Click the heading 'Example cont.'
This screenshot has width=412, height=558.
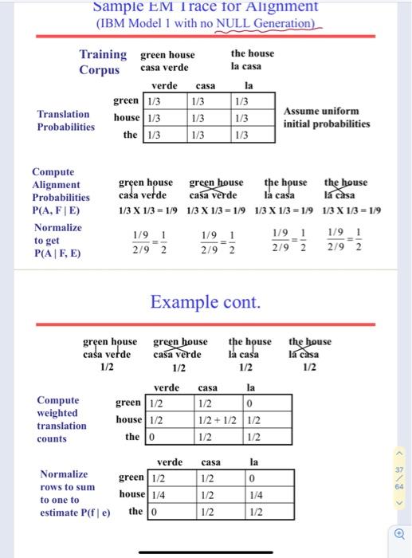(x=206, y=302)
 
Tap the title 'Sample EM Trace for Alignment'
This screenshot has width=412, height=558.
(x=206, y=6)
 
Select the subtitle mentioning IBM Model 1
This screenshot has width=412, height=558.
(x=206, y=23)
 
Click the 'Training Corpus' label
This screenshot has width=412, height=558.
(x=102, y=61)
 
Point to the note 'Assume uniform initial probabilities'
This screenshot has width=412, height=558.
(x=327, y=117)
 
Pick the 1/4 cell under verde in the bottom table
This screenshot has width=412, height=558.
(x=159, y=494)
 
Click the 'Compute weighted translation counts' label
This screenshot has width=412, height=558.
(x=61, y=419)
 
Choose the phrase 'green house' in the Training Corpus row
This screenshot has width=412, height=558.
(x=167, y=54)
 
